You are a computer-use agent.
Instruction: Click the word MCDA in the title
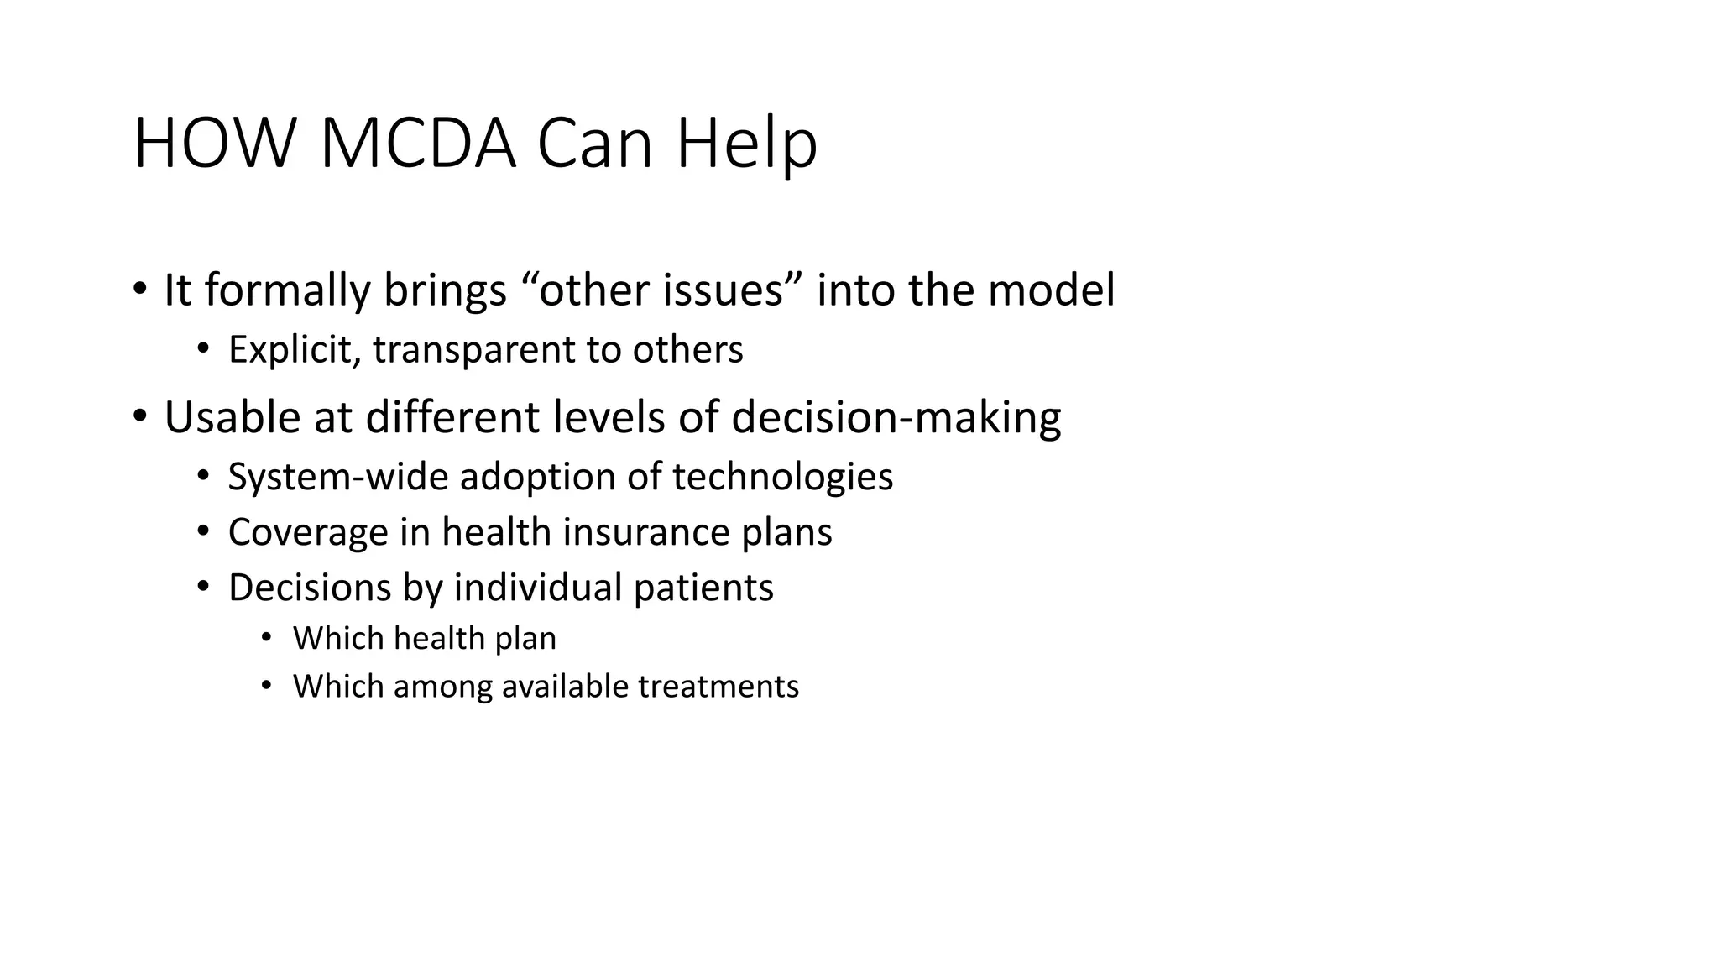click(x=417, y=144)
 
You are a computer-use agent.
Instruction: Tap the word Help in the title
click(x=746, y=145)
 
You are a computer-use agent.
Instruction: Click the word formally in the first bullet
click(x=287, y=290)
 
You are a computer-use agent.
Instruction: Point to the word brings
click(x=445, y=290)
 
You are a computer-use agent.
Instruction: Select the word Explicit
click(x=294, y=350)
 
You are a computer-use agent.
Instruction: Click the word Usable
click(x=232, y=417)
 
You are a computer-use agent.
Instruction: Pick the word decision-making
click(x=896, y=417)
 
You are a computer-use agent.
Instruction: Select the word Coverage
click(x=306, y=532)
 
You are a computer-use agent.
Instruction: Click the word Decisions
click(x=309, y=588)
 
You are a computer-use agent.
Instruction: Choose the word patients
click(x=703, y=588)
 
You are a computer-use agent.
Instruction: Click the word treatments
click(x=718, y=687)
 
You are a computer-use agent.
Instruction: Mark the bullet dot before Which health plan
click(x=267, y=638)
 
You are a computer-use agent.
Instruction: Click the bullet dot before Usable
click(x=139, y=416)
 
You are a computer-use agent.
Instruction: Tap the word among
click(x=442, y=687)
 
